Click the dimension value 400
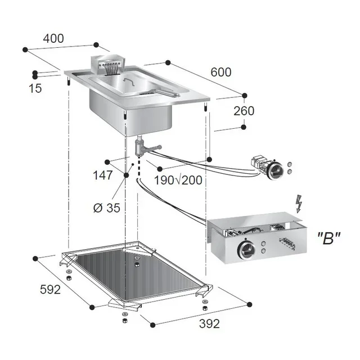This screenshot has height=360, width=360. [53, 38]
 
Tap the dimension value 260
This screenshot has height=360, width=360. [244, 111]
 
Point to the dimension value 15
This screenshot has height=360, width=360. [35, 88]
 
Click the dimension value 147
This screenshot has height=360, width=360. [103, 175]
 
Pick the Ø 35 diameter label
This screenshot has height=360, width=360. [106, 208]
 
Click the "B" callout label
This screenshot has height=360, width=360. [329, 238]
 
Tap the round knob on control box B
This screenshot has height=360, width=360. [246, 247]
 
